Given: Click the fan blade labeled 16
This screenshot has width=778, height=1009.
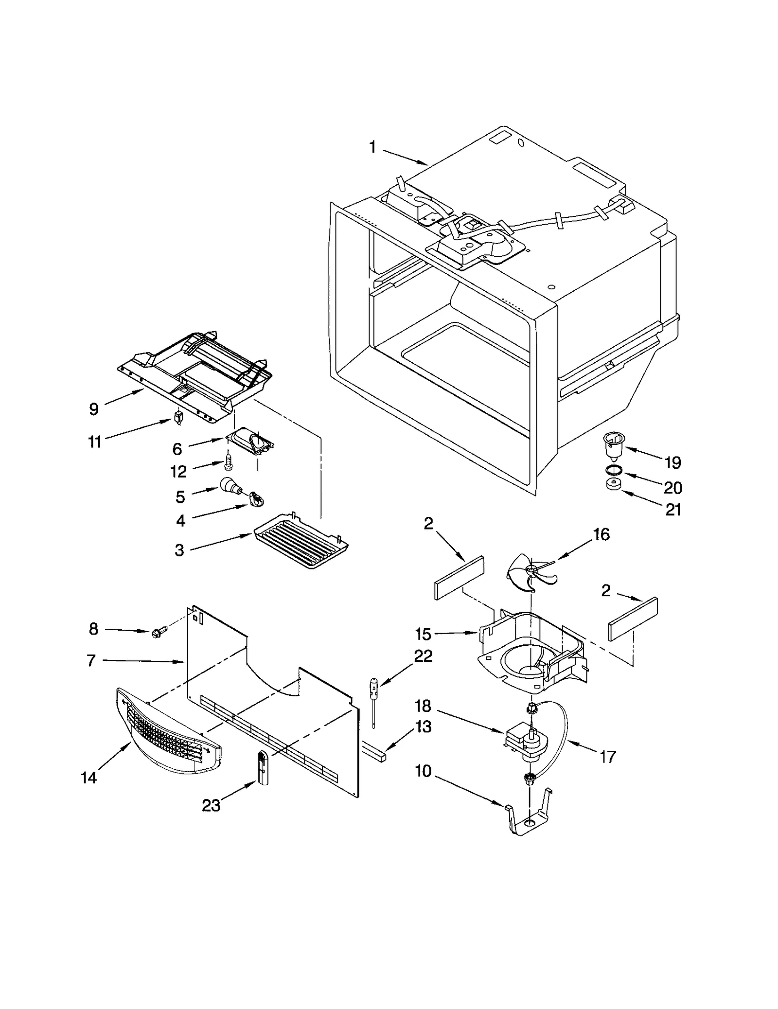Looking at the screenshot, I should pyautogui.click(x=530, y=572).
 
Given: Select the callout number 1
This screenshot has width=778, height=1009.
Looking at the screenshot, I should pyautogui.click(x=372, y=147).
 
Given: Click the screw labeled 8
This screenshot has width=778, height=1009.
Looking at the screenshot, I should pyautogui.click(x=159, y=633).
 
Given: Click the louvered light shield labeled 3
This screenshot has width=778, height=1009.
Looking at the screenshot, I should pyautogui.click(x=301, y=540).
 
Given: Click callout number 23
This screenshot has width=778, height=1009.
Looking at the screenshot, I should pyautogui.click(x=211, y=806).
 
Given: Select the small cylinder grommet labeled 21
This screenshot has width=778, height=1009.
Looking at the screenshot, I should pyautogui.click(x=614, y=485).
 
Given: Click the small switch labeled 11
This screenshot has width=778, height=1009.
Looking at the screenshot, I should pyautogui.click(x=178, y=418).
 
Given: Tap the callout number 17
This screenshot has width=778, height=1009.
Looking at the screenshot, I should pyautogui.click(x=607, y=757).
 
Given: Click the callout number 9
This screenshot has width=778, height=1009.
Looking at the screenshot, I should pyautogui.click(x=94, y=409).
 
